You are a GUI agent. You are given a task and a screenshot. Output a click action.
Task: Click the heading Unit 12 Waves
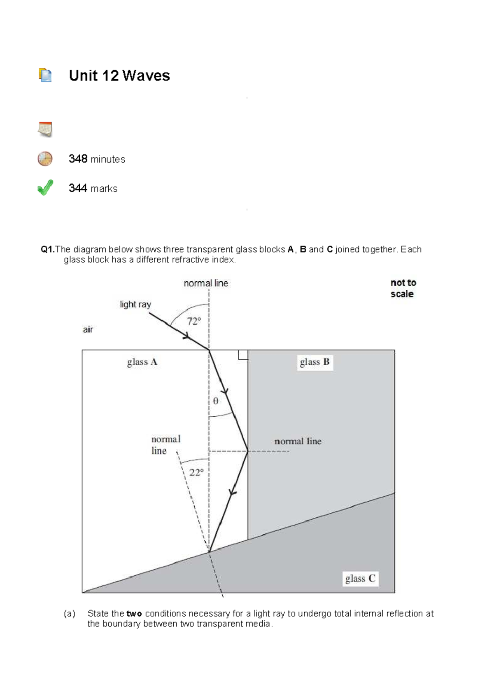[x=119, y=76]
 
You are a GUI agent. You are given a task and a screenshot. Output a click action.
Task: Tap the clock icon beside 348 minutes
[x=45, y=159]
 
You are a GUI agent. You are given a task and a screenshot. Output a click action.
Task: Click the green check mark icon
[x=45, y=188]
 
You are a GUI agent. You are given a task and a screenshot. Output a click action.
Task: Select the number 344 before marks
[x=78, y=188]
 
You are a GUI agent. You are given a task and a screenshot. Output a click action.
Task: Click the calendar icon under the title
[x=45, y=129]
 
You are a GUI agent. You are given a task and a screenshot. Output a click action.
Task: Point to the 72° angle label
[x=194, y=321]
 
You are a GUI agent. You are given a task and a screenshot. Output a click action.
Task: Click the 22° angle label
[x=196, y=473]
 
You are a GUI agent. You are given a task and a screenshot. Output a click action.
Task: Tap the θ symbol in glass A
[x=216, y=401]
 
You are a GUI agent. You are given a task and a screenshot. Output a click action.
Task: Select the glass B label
[x=315, y=362]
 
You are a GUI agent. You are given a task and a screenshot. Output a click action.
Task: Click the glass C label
[x=360, y=579]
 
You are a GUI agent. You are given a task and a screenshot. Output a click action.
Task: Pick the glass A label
[x=142, y=362]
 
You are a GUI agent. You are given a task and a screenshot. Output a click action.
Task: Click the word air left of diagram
[x=88, y=329]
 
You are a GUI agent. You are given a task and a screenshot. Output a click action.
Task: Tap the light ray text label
[x=135, y=304]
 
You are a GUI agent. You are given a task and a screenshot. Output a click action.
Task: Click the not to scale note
[x=403, y=288]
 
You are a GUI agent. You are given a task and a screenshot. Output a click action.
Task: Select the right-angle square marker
[x=243, y=355]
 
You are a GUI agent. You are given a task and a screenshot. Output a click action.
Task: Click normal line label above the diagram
[x=206, y=283]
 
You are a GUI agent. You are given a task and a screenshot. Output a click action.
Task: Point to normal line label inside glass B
[x=298, y=441]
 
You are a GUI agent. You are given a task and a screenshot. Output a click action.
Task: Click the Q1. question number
[x=48, y=249]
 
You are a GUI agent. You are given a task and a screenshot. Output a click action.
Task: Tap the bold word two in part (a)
[x=134, y=614]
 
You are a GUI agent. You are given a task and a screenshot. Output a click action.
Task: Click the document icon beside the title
[x=45, y=75]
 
